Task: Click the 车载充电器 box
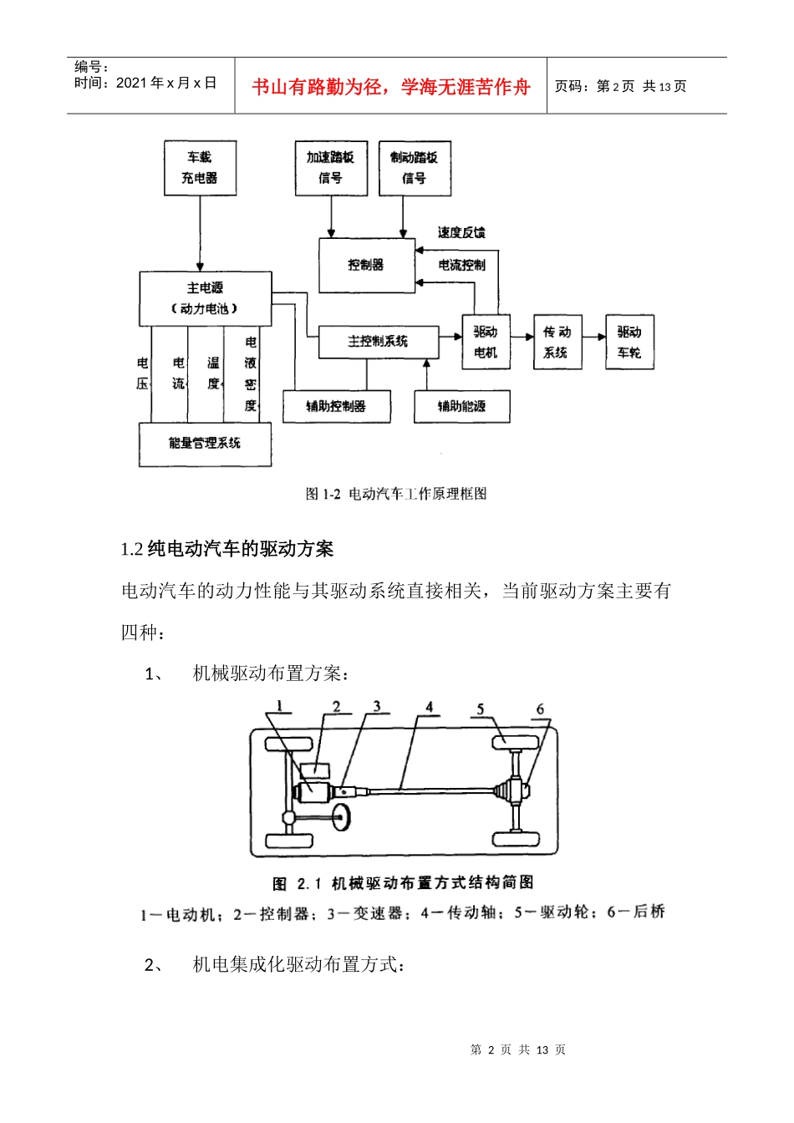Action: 200,167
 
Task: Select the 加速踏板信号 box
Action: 330,167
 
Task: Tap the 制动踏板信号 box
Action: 415,168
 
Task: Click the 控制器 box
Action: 366,265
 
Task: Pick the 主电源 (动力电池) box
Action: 205,298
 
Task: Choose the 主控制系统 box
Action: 378,341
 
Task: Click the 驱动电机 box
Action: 486,342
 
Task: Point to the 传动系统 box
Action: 557,342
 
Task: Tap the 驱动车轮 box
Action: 629,342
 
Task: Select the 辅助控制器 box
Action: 336,406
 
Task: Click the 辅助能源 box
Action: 461,406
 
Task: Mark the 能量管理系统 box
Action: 205,444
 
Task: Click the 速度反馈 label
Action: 461,232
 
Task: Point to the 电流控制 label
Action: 461,265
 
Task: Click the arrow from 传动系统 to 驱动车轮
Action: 593,337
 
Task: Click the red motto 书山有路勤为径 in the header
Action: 391,87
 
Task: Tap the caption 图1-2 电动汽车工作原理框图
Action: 396,494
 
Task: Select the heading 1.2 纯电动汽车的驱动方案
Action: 227,549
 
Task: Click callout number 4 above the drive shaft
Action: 430,707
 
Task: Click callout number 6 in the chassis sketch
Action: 540,709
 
